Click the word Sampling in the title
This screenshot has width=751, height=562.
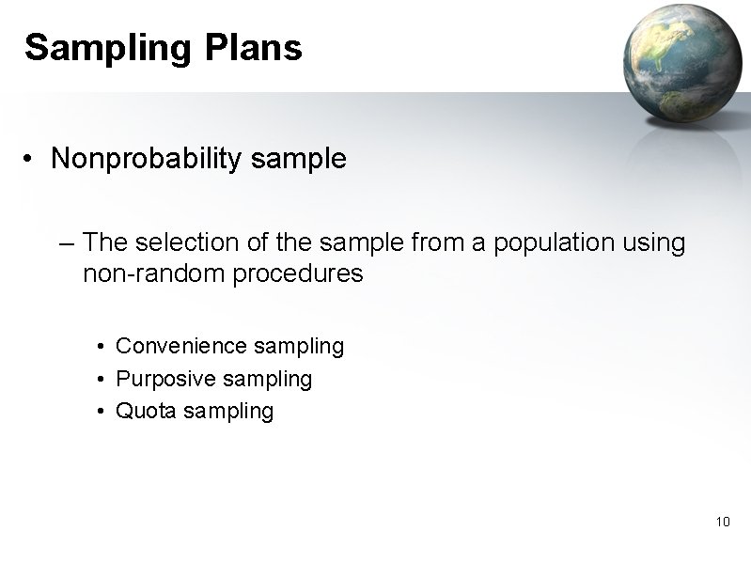pos(103,47)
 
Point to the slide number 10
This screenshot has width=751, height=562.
pos(723,522)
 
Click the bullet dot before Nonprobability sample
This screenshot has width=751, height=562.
pos(31,160)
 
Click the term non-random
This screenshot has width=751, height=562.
pos(143,274)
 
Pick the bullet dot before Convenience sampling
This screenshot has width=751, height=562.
pos(101,347)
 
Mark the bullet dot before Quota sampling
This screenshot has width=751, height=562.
pos(101,411)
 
